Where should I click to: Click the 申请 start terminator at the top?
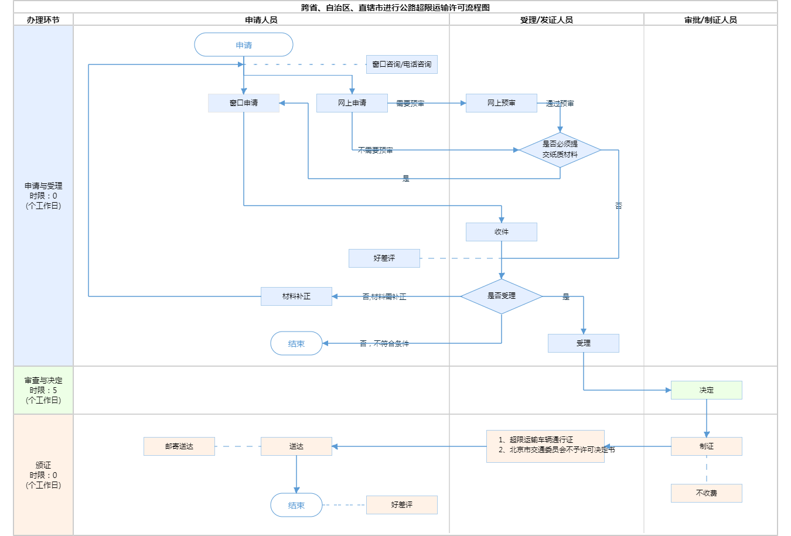coord(244,45)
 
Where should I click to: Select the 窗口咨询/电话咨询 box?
coord(402,64)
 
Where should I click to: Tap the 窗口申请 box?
coord(244,103)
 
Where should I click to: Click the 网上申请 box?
coord(352,103)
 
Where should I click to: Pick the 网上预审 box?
coord(502,103)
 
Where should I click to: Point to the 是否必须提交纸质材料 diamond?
coord(560,150)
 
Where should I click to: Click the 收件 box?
coord(502,232)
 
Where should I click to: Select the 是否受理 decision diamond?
coord(502,296)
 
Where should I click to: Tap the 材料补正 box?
coord(296,296)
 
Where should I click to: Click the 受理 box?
coord(584,343)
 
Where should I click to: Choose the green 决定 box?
coord(707,390)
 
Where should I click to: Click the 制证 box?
coord(707,446)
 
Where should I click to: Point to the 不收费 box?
coord(707,493)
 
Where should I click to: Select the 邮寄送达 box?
coord(179,446)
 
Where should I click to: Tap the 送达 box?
coord(296,446)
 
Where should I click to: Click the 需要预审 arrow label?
coord(410,104)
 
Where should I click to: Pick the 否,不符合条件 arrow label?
coord(384,344)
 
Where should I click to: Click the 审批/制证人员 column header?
coord(711,20)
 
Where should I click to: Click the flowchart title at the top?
coord(395,8)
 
